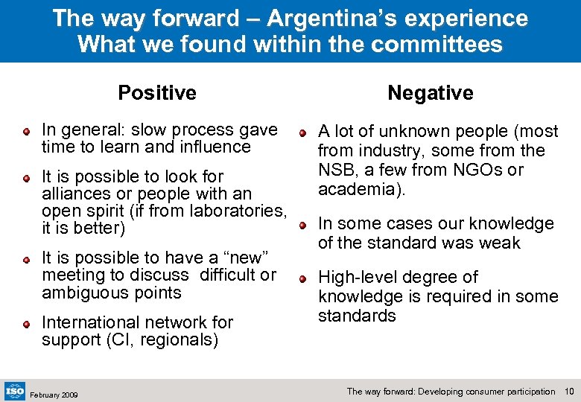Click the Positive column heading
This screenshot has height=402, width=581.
[157, 93]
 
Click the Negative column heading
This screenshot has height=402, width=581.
[430, 93]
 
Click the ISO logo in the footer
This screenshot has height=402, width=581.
[14, 390]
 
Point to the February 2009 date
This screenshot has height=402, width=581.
[54, 394]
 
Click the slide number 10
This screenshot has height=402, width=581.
[570, 391]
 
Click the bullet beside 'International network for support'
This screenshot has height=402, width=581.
[26, 324]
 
